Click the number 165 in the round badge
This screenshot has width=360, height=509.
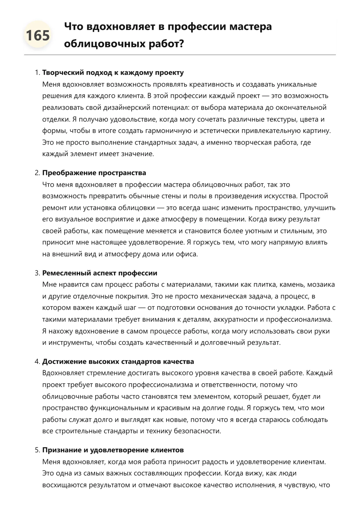(x=38, y=36)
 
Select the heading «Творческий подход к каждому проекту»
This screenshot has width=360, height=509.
(x=113, y=73)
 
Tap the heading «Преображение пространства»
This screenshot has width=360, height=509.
(x=94, y=173)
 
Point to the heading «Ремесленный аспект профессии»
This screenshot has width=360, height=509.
(x=100, y=273)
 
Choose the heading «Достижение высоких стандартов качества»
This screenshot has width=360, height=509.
(x=118, y=361)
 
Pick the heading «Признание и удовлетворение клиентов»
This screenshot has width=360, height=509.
(x=113, y=450)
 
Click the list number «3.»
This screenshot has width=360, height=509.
(x=37, y=273)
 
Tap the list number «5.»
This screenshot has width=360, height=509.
(x=37, y=450)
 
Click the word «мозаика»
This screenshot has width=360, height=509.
(x=321, y=285)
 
